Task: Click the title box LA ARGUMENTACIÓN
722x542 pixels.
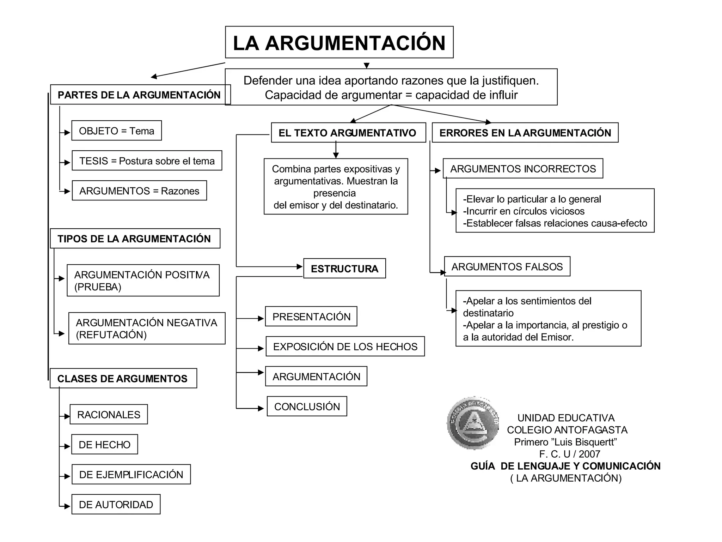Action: pos(339,42)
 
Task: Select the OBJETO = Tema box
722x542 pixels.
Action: pos(116,131)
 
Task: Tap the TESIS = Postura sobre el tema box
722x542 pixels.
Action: pos(147,161)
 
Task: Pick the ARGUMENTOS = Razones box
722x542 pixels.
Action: pos(139,191)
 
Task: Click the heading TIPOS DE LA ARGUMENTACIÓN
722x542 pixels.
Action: pos(135,239)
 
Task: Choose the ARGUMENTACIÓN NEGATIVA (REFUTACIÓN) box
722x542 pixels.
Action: pos(147,328)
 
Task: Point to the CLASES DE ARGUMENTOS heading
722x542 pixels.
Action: pos(123,378)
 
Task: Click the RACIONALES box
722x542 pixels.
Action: pos(109,414)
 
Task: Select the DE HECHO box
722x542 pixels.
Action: pos(104,444)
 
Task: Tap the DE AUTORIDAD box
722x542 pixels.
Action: pos(116,504)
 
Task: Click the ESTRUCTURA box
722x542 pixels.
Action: pos(344,269)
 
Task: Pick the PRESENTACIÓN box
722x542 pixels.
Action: pos(311,317)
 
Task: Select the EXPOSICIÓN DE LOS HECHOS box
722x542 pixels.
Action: pos(345,347)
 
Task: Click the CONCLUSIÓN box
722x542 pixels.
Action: pos(307,406)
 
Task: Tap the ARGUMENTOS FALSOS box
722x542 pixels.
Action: pos(507,266)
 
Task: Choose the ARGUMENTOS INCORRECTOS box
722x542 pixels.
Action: pos(523,169)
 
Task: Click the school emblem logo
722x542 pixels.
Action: pos(473,423)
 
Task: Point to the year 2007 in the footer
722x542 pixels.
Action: pos(589,454)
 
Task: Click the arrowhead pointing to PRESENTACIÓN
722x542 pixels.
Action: pos(261,319)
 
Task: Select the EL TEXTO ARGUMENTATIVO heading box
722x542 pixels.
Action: pos(348,133)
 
